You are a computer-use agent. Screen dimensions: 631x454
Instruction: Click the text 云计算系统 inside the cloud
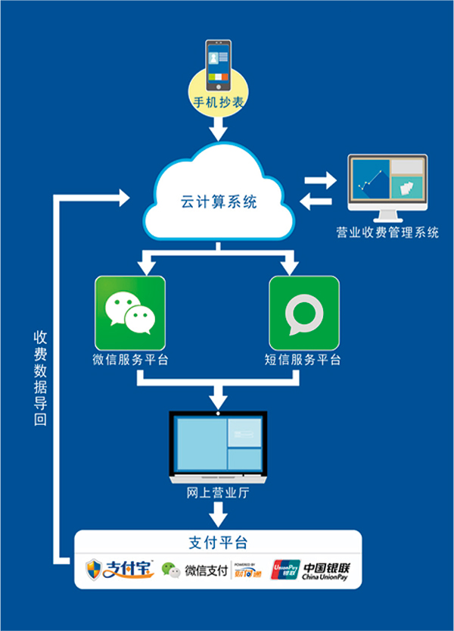pos(219,202)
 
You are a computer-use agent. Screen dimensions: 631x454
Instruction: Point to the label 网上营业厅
pos(218,494)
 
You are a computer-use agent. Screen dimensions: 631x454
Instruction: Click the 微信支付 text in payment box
pos(207,570)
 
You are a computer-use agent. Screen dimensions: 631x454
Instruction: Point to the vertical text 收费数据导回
pos(40,377)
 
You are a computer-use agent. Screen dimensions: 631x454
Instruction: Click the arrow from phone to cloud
pos(217,131)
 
